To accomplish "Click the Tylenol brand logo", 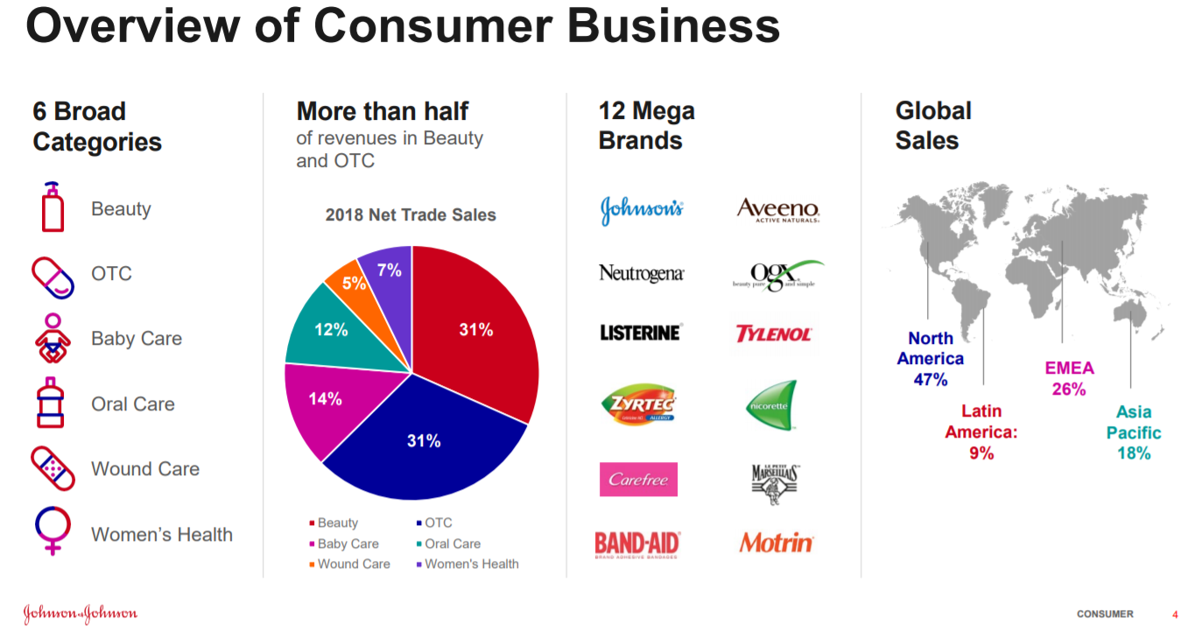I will (x=773, y=333).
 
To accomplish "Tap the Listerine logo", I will (x=640, y=333).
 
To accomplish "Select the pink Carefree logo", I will (x=638, y=480).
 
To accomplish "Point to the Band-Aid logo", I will (x=637, y=543).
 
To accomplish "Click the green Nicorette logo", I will (x=771, y=404).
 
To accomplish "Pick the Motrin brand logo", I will (x=776, y=543).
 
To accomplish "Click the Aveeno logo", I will (x=777, y=209).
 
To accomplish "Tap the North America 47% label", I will (x=930, y=359).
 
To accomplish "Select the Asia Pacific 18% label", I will (x=1134, y=432).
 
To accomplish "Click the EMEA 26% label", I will (x=1069, y=378).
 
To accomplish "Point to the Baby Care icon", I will (x=53, y=339).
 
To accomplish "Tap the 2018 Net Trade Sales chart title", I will (x=411, y=214).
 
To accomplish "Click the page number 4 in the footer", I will (x=1175, y=613).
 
